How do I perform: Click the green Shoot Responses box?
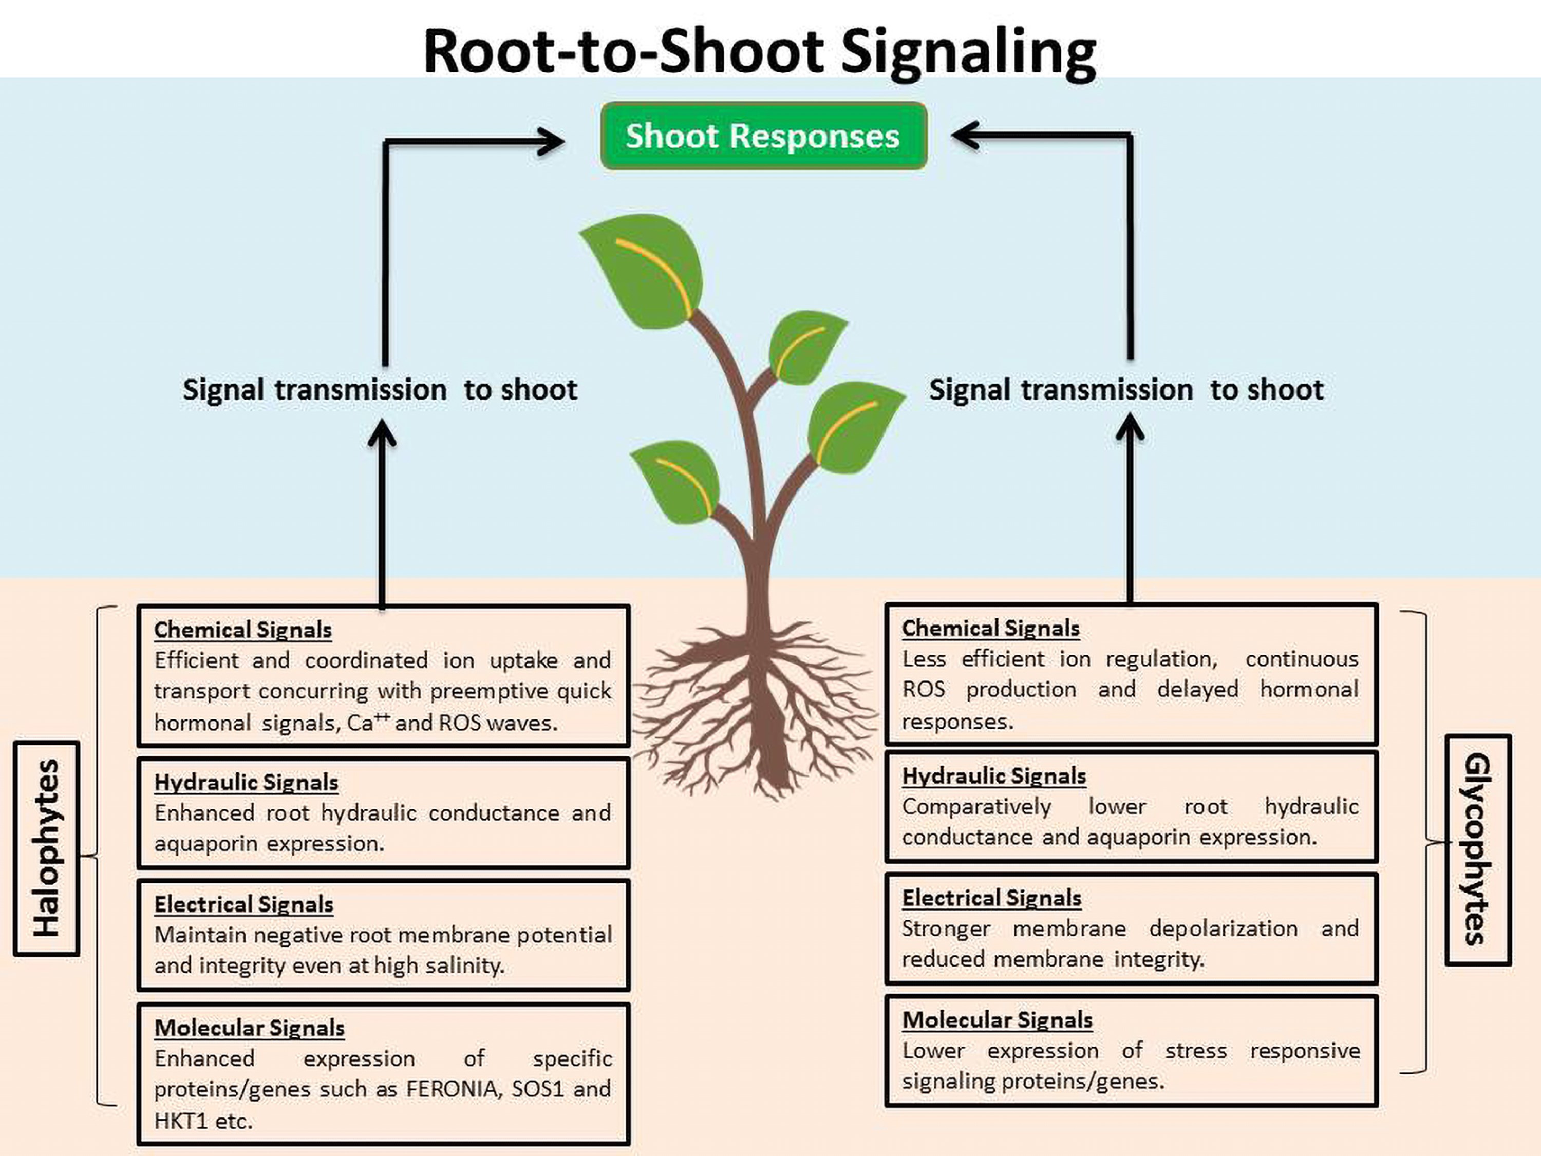coord(763,136)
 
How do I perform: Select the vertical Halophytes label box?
coord(47,848)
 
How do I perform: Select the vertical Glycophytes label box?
coord(1478,849)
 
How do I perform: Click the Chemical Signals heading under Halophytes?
coord(242,630)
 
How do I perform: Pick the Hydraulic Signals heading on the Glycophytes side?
coord(993,776)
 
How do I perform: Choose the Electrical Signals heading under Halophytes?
coord(244,904)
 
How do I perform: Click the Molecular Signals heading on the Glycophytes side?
coord(997,1020)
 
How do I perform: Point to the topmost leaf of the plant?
coord(645,268)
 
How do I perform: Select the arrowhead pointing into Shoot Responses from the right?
coord(965,135)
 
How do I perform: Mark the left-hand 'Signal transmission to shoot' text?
coord(380,390)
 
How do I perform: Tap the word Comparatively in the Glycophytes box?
coord(976,806)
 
